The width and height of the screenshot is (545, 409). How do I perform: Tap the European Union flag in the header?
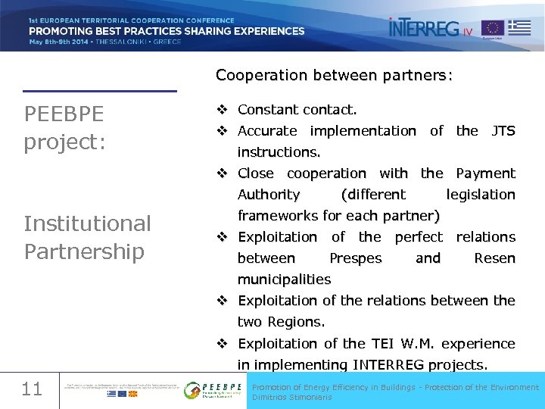(x=493, y=29)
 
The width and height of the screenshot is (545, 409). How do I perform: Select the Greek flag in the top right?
(x=519, y=28)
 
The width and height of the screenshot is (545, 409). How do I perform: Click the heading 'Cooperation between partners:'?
(x=334, y=76)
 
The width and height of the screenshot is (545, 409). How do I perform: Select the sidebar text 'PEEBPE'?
(x=64, y=114)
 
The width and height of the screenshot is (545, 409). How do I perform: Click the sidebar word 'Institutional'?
(x=88, y=223)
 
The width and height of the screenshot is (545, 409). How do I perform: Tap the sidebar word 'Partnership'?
(x=84, y=251)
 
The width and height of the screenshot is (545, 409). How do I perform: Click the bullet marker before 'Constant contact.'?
(x=223, y=110)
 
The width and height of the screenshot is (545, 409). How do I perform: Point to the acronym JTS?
(x=503, y=131)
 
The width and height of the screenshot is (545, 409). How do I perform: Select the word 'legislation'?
(x=481, y=195)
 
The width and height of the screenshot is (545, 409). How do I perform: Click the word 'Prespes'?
(x=356, y=258)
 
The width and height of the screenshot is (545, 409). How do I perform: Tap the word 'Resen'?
(x=494, y=258)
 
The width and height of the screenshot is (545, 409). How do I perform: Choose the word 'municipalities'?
(x=284, y=279)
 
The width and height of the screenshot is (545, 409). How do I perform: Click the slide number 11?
(x=32, y=389)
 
